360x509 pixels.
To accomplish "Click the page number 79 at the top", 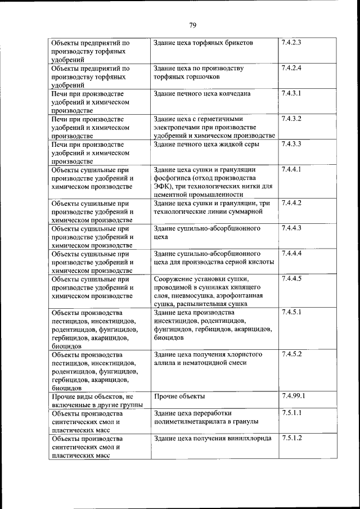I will (x=192, y=25).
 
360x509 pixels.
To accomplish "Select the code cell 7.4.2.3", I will (x=292, y=43).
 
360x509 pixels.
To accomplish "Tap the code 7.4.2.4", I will (x=292, y=68).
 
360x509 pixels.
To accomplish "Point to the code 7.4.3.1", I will (x=292, y=93).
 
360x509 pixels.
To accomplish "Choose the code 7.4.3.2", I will (x=292, y=119).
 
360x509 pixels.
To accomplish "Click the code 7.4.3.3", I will (x=292, y=144).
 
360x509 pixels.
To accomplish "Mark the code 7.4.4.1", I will (x=292, y=169).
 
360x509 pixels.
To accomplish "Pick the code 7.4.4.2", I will (x=292, y=202).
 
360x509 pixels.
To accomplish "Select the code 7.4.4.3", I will (x=292, y=228).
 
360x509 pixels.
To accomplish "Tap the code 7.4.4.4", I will (x=292, y=253).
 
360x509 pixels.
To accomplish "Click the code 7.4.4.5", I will (x=292, y=278).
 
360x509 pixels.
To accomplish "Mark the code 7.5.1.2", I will (x=292, y=438).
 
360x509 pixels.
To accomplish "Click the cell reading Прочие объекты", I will (x=175, y=397).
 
